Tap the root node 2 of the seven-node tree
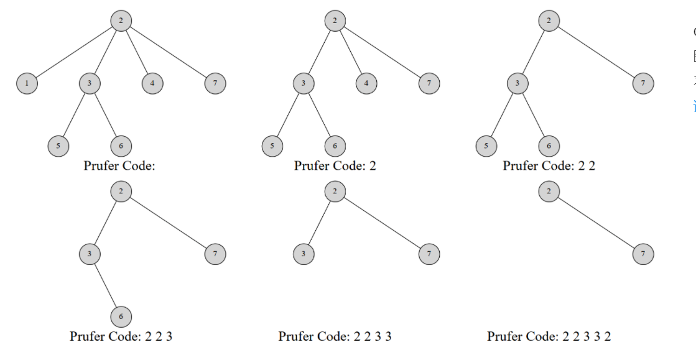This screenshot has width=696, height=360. [x=121, y=21]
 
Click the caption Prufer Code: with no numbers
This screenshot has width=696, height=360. [x=120, y=166]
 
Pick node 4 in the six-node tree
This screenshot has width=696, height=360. [x=366, y=83]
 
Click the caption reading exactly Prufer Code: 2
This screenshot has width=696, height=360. [x=335, y=166]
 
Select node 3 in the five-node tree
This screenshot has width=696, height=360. [x=517, y=83]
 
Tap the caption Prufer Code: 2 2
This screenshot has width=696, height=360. [x=549, y=166]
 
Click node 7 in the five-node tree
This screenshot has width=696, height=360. [x=643, y=83]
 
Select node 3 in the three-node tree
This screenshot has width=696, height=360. [x=304, y=254]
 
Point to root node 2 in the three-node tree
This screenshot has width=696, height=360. [x=335, y=192]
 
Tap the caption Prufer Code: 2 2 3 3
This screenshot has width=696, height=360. [x=335, y=336]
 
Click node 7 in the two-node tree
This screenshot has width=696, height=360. [x=643, y=254]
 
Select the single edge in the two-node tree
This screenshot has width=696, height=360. [x=596, y=223]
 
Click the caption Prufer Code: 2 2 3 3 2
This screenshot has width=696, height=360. [x=549, y=336]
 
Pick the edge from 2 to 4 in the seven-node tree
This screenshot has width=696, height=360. [x=136, y=52]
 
